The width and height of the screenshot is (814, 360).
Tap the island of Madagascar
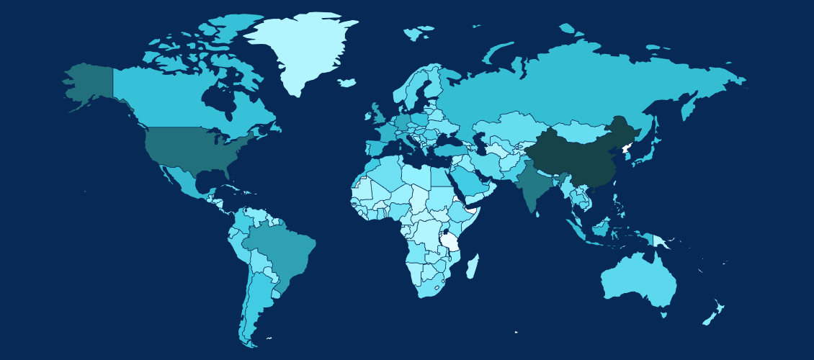tap(472, 268)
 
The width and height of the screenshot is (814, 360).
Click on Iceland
tap(346, 83)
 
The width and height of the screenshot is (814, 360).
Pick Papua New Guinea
tap(661, 240)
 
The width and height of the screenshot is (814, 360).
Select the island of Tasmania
tap(663, 314)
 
